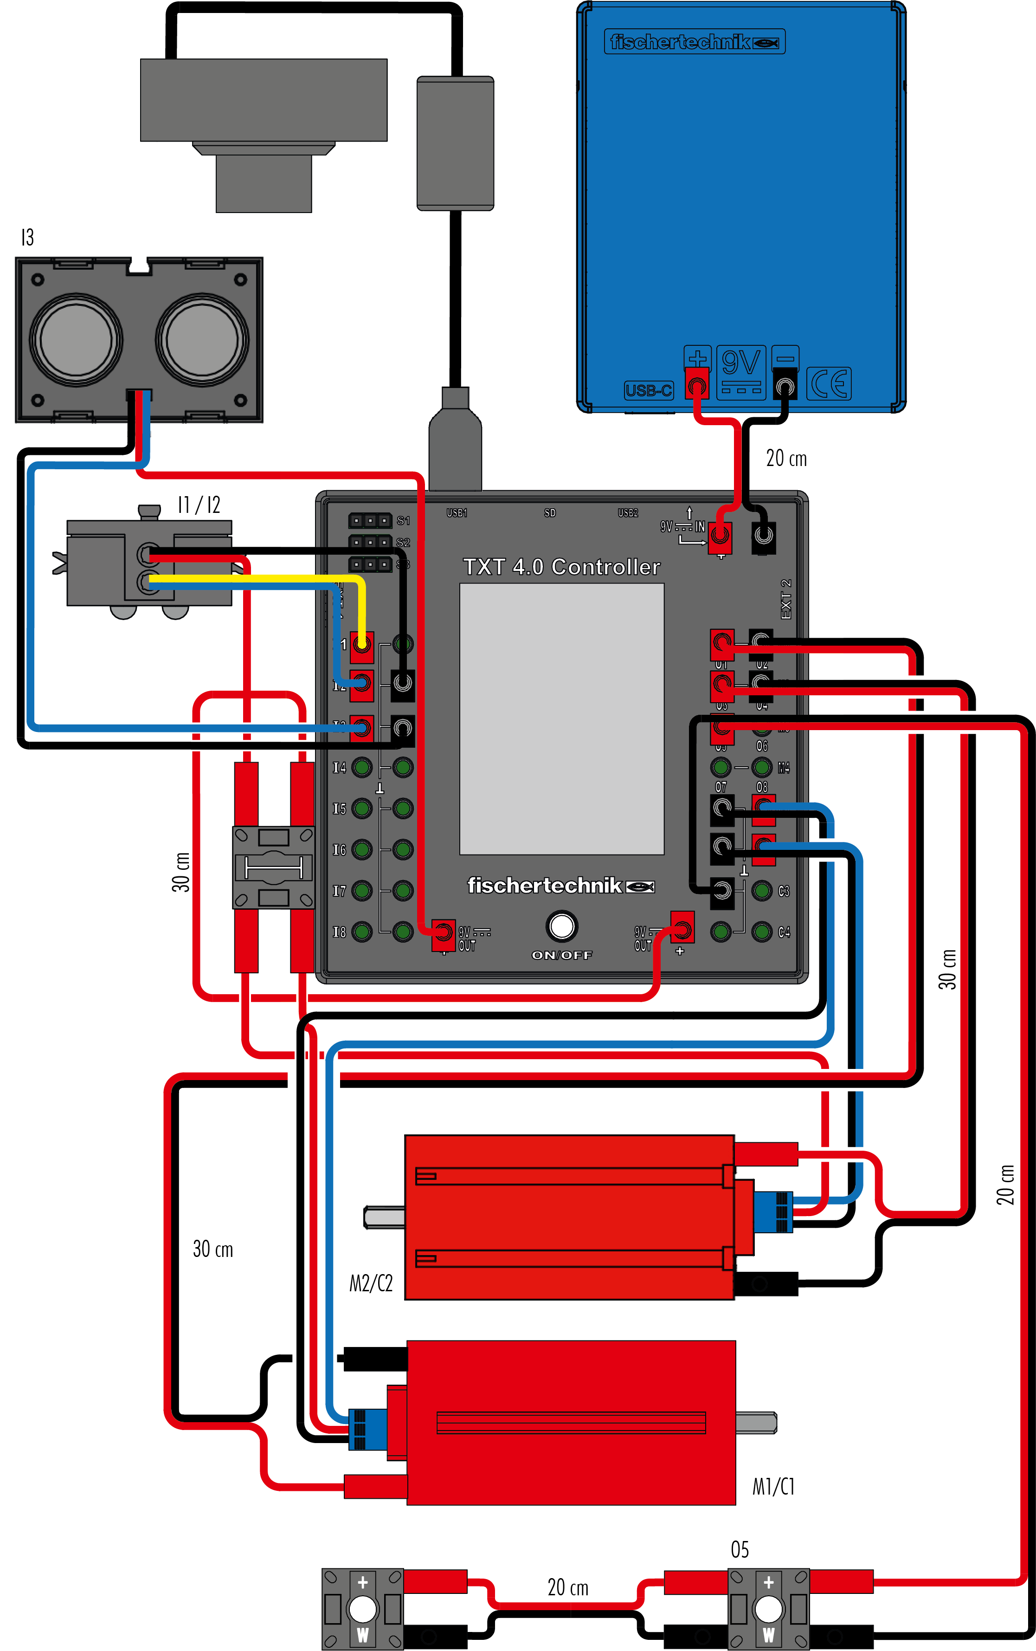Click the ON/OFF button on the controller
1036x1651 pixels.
click(x=562, y=926)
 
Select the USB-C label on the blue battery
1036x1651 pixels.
click(x=648, y=391)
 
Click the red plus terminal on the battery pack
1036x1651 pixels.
click(x=697, y=385)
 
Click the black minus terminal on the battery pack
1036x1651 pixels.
click(x=785, y=386)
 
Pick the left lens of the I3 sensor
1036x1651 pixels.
click(x=75, y=339)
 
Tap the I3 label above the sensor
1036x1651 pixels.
click(x=27, y=237)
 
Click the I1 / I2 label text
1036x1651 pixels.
click(x=199, y=505)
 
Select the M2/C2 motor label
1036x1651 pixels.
click(x=371, y=1283)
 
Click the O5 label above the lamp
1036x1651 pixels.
click(x=740, y=1549)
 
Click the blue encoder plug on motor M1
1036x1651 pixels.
click(x=358, y=1429)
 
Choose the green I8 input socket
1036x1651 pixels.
click(x=362, y=932)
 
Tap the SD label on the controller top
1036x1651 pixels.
click(x=549, y=512)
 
